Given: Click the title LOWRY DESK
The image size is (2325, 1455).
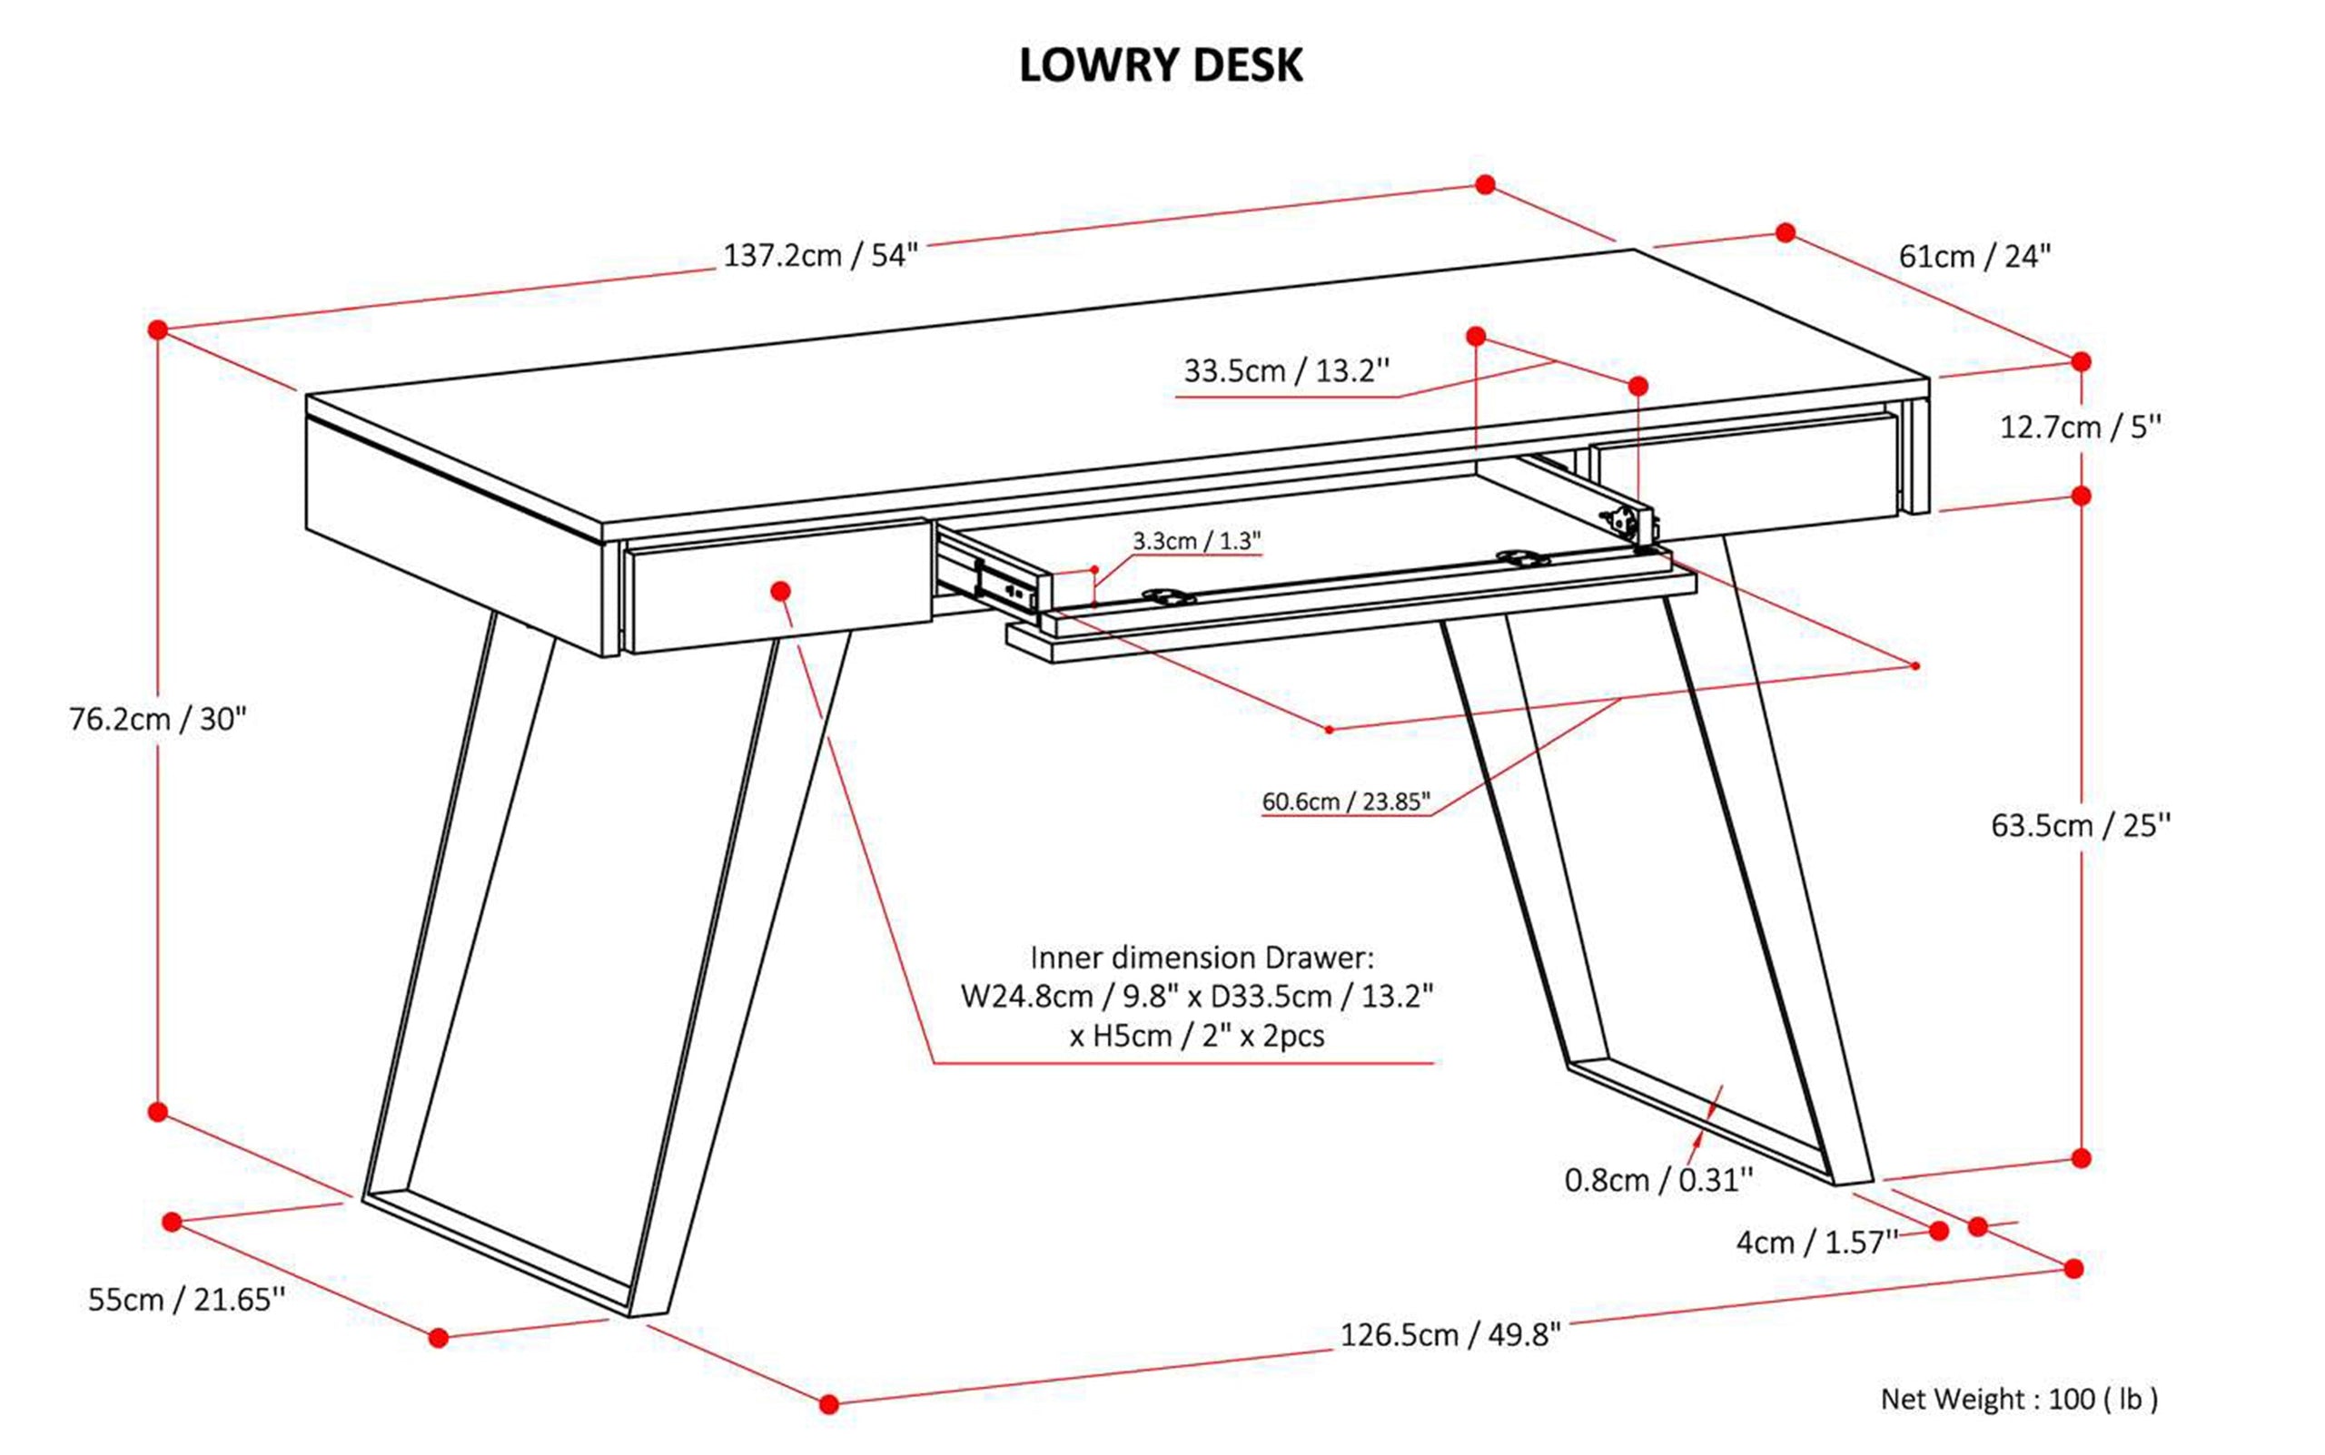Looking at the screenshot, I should (1160, 65).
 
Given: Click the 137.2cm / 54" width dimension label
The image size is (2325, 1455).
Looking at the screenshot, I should (820, 256).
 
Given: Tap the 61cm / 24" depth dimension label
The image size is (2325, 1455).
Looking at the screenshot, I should (1974, 257).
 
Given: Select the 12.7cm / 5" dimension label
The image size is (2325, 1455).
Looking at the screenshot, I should (2081, 428).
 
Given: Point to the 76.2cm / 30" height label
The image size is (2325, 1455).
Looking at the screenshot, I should (158, 719).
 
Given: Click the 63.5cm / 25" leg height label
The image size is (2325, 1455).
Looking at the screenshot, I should (2081, 826).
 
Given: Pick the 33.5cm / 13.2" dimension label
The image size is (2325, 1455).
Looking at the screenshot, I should (1286, 370).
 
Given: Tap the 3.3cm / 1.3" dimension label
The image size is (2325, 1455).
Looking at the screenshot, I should (1196, 541).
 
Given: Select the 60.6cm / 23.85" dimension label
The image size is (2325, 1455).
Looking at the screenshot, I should (1345, 801).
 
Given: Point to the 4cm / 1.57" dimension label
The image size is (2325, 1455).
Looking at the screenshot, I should (1815, 1243).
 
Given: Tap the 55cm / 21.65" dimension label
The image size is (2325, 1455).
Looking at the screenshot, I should (187, 1299).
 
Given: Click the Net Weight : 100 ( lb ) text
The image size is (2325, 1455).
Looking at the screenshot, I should (2019, 1398).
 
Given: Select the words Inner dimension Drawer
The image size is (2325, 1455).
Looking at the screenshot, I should (1202, 958).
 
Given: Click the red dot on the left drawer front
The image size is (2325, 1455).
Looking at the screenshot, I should (781, 590).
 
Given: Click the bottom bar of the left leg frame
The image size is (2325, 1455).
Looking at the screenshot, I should (500, 1251).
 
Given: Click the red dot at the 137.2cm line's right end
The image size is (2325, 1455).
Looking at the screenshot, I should (1485, 183).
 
